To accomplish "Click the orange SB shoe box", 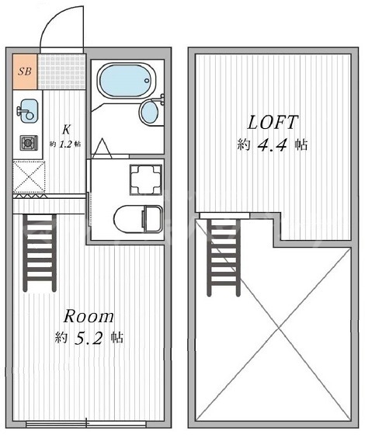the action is click(25, 71).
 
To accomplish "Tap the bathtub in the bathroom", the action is click(126, 81).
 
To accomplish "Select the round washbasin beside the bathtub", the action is click(150, 112).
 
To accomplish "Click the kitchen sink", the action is click(28, 110).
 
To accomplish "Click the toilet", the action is click(138, 219).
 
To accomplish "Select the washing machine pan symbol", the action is click(145, 180).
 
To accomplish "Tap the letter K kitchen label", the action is click(66, 130).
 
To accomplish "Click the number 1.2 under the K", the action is click(65, 144).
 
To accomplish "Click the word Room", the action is click(89, 317).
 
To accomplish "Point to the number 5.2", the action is click(89, 338).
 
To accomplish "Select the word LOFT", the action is click(273, 123).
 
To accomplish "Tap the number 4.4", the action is click(273, 145).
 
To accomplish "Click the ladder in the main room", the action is click(40, 253).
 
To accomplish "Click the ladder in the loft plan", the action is click(224, 257).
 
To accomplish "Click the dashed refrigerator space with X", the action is click(29, 177).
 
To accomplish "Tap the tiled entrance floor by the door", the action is click(61, 71).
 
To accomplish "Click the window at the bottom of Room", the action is click(86, 423).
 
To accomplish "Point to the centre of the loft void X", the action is click(279, 328).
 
